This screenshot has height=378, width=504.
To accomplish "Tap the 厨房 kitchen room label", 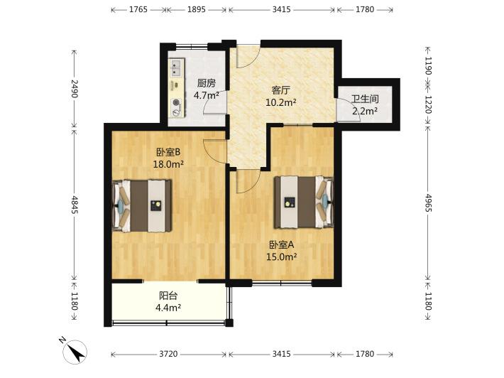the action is (206, 83).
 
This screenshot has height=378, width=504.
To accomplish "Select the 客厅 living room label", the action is (280, 90).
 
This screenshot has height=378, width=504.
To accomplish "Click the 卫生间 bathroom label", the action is (364, 99).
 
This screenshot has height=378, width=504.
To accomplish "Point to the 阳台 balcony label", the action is (168, 296).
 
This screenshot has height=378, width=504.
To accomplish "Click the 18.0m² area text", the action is (168, 164).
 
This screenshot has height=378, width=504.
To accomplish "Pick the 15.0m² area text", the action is (281, 256).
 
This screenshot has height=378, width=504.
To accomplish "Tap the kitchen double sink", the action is (175, 68).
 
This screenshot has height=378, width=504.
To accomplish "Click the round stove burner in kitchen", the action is (176, 102).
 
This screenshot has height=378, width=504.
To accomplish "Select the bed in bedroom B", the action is (142, 205).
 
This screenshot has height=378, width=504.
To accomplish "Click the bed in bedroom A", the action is (304, 202).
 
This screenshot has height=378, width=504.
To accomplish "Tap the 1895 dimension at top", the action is (197, 9).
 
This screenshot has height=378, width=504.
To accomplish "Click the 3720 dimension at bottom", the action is (168, 354).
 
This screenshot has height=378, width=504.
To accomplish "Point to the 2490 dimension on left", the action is (75, 89).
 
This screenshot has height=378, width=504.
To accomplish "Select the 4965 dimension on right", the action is (428, 202).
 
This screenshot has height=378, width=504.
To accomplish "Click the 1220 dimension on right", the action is (428, 104).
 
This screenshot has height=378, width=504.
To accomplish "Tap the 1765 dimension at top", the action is (138, 9).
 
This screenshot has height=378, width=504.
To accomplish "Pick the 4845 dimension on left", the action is (75, 205).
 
